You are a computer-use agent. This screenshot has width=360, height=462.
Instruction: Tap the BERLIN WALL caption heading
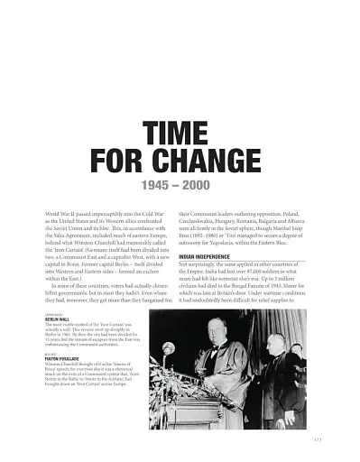point(57,319)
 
